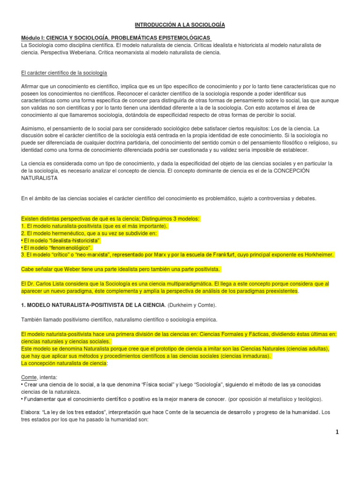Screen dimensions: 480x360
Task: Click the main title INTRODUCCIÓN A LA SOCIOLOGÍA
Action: click(x=180, y=24)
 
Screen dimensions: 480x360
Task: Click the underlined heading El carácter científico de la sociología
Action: click(x=64, y=73)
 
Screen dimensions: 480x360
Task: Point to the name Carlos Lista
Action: click(x=51, y=284)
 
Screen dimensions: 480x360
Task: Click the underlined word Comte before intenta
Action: click(x=28, y=377)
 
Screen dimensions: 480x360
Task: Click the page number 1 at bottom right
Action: click(x=337, y=432)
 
